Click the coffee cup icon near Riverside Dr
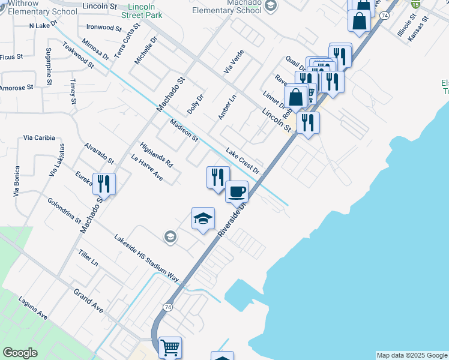point(237,191)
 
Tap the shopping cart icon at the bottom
point(170,346)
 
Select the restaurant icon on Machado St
point(104,184)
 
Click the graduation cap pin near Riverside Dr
point(203,218)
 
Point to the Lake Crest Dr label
point(243,161)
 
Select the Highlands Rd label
point(156,155)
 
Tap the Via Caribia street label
point(39,138)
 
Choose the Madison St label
point(184,130)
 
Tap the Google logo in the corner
point(20,353)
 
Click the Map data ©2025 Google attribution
point(412,355)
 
